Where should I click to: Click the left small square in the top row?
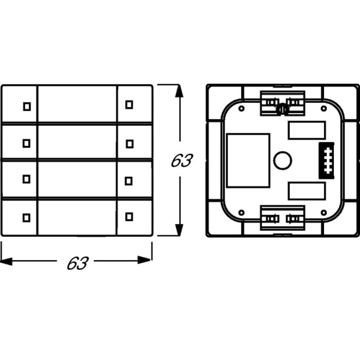pos(27,106)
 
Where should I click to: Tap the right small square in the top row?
pos(129,104)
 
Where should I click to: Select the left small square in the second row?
pos(27,143)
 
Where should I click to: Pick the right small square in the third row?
pos(129,180)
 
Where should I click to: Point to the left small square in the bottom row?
pos(27,217)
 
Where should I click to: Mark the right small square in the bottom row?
pos(129,217)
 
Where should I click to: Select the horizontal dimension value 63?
pos(76,263)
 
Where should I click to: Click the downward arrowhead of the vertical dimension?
pos(180,229)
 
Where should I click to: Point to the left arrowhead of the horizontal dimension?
pos(7,260)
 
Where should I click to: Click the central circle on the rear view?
pos(282,161)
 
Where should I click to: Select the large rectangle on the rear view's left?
pos(248,160)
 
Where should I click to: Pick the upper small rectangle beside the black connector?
pos(306,130)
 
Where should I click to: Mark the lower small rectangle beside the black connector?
pos(306,191)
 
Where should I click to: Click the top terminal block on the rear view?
pos(283,103)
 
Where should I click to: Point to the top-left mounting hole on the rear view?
pos(241,109)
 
